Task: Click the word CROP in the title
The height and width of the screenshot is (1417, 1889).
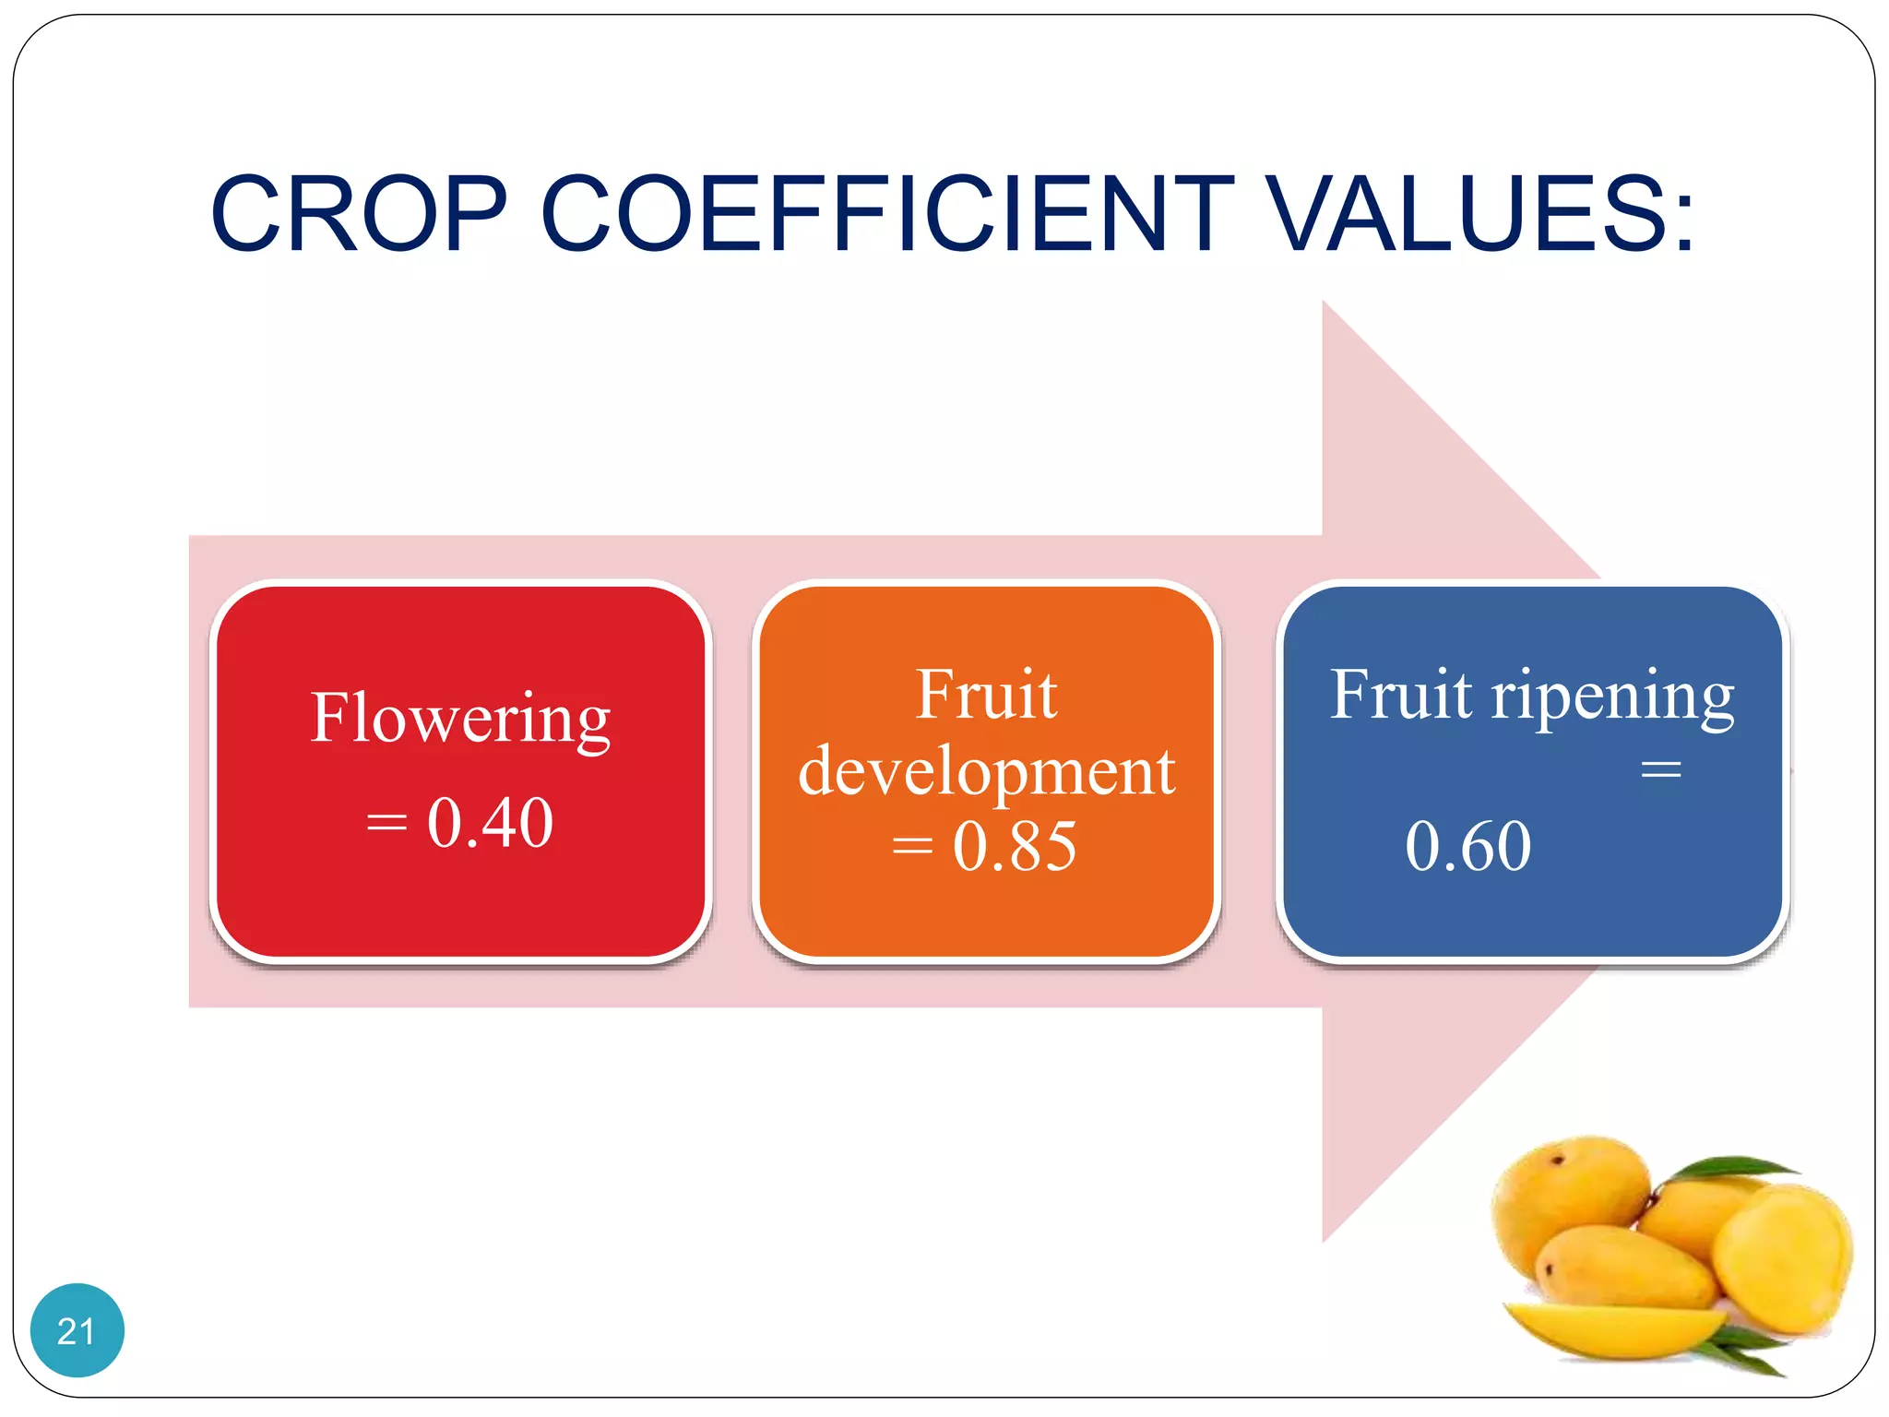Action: tap(360, 214)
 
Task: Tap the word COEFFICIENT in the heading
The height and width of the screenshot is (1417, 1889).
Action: tap(886, 214)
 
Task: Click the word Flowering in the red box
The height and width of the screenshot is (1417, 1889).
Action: tap(460, 718)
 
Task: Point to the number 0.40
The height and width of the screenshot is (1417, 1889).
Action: tap(490, 822)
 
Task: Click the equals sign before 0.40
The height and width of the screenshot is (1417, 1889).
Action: tap(386, 822)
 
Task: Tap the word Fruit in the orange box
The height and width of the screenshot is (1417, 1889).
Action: tap(986, 695)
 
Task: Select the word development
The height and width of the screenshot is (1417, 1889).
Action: tap(986, 771)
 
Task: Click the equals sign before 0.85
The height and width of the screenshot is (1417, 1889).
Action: tap(912, 846)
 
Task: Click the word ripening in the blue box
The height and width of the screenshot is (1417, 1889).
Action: tap(1612, 697)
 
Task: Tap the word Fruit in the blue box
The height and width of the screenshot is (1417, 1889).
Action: tap(1401, 695)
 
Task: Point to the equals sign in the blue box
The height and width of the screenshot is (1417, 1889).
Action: tap(1661, 769)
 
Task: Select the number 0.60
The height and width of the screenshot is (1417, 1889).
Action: tap(1468, 846)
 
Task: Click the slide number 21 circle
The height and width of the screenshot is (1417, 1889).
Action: tap(77, 1329)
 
